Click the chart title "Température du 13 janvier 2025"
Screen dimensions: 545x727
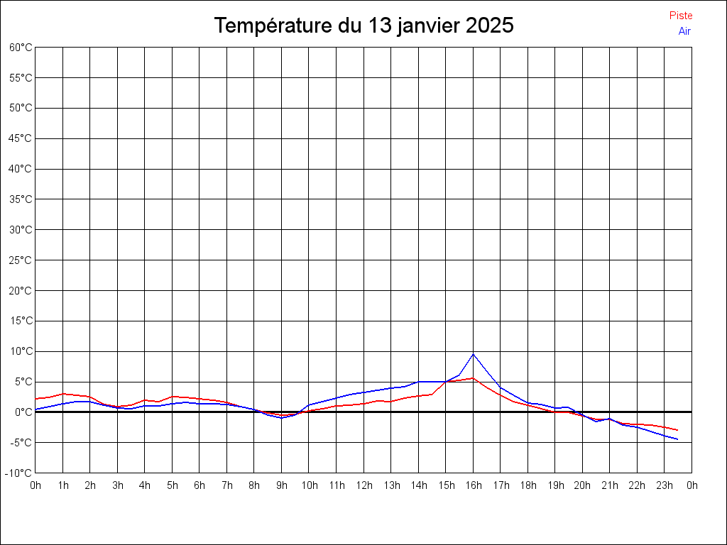363,26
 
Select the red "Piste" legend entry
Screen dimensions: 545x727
681,16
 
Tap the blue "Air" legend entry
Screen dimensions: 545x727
684,31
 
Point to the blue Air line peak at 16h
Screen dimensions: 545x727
474,354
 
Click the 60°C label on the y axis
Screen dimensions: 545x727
21,48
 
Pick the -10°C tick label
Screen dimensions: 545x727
19,473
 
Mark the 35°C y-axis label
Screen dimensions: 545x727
21,199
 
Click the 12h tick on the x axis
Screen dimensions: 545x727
363,485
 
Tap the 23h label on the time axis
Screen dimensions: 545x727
665,485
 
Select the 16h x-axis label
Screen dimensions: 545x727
474,485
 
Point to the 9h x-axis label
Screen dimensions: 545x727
282,485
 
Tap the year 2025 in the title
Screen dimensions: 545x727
490,26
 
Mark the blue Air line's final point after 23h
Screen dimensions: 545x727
678,439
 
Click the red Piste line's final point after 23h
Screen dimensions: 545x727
678,430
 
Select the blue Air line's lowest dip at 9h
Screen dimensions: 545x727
282,418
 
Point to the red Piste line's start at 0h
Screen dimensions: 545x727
36,399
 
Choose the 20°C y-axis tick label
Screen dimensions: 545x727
21,290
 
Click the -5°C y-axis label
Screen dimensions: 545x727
21,442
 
